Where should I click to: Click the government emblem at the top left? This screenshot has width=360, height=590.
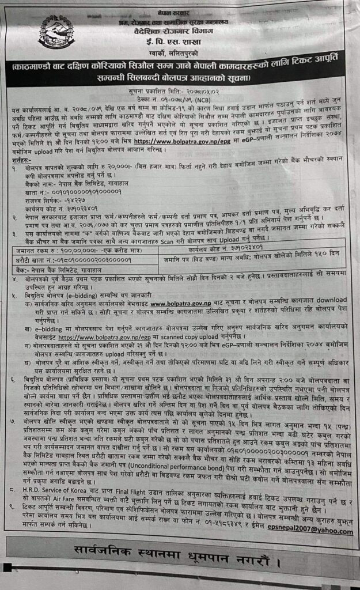coord(56,32)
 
